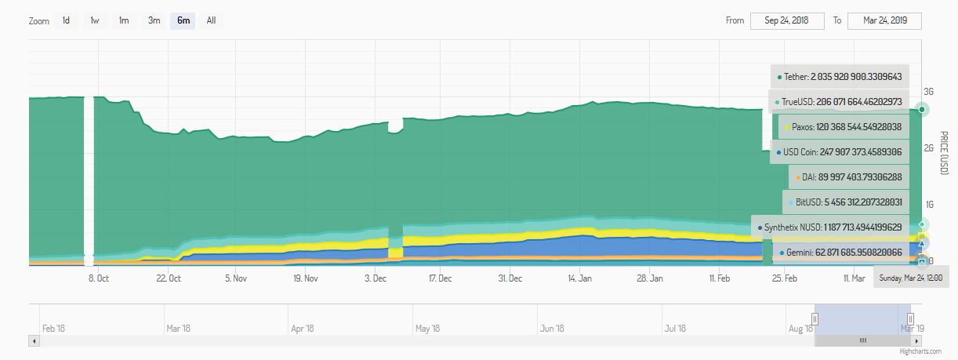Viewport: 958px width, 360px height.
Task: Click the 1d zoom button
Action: point(66,20)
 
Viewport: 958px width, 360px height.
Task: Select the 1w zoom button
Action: point(95,20)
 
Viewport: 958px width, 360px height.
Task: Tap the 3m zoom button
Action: point(154,20)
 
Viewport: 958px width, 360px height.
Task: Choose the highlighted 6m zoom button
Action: point(183,20)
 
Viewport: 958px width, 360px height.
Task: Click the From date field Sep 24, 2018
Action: point(786,20)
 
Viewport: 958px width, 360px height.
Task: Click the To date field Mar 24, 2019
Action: point(884,20)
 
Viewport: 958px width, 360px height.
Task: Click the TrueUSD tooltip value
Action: point(858,102)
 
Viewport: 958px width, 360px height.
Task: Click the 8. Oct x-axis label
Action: point(98,278)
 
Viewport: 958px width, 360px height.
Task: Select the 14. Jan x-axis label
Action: point(580,278)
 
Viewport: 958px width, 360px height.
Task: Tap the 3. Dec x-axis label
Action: point(375,278)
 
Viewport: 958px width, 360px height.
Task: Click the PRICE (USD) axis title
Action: point(944,153)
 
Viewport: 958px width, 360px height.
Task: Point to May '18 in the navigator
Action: point(428,329)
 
